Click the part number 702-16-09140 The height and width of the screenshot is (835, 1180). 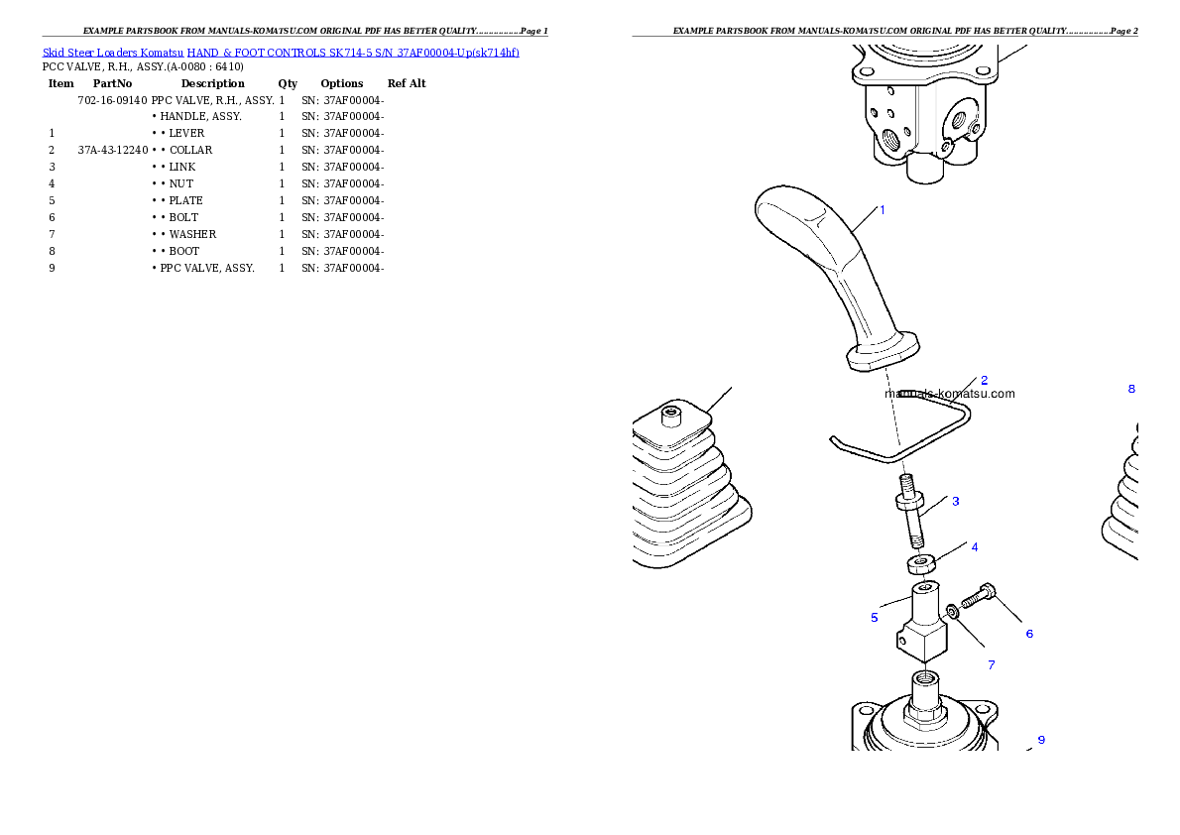pos(112,100)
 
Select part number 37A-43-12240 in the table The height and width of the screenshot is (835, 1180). pos(113,150)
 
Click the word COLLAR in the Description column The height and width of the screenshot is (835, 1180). pos(190,150)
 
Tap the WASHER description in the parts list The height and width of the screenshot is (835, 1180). pos(192,234)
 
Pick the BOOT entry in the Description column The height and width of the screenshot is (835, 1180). pos(183,252)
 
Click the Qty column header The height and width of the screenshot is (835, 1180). pos(288,83)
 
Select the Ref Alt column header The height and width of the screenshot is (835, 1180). pos(407,83)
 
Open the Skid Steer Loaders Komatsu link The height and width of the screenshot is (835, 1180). pos(113,53)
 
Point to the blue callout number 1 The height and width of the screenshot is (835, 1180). pos(882,210)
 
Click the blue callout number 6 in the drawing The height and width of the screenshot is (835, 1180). pos(1029,634)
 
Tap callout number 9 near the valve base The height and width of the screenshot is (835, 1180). pos(1041,740)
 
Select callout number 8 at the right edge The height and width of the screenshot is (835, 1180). pos(1131,390)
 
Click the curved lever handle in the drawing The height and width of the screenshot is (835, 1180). pos(835,271)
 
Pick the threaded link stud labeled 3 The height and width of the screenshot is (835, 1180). pos(910,511)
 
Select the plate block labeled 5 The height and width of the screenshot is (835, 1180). pos(922,621)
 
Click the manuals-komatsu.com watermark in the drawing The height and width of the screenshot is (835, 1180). pos(950,394)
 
